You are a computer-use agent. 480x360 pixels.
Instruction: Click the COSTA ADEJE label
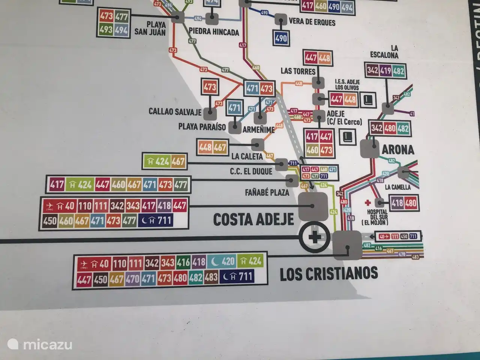pos(253,219)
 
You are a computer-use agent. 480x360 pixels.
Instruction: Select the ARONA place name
pos(398,150)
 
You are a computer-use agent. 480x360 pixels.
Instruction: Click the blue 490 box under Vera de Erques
pos(281,38)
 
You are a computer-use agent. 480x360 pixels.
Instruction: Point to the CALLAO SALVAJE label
pos(175,112)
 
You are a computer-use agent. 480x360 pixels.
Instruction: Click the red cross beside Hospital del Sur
pos(368,203)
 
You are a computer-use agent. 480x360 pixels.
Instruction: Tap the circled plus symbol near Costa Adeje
pos(315,237)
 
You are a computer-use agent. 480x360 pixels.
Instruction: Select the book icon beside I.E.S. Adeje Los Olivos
pos(367,100)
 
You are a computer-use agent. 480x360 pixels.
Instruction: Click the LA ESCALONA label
pos(384,51)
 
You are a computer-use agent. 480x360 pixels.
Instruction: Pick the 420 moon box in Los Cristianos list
pos(223,261)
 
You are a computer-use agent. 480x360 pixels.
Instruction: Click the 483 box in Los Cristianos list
pos(211,278)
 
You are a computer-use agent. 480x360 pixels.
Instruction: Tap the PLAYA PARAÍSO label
pos(202,127)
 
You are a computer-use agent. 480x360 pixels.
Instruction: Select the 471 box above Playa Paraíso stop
pos(234,108)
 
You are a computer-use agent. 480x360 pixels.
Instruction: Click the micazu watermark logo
pos(39,344)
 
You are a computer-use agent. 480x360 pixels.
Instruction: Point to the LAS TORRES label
pos(298,71)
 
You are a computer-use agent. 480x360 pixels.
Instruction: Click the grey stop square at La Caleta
pos(258,144)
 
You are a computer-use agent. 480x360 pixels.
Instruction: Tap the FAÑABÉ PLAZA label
pos(267,193)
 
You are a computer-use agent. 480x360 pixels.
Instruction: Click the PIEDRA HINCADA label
pos(214,32)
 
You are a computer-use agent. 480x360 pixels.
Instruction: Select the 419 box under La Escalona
pos(385,70)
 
